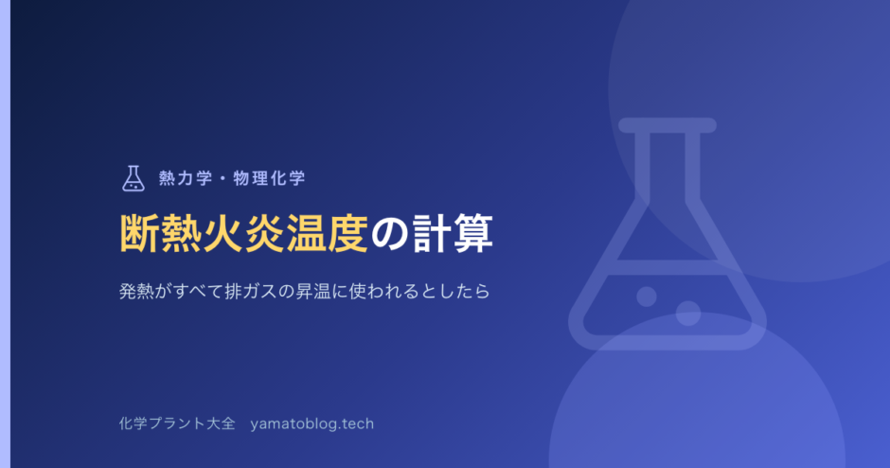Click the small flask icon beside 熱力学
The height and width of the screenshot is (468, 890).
click(x=133, y=178)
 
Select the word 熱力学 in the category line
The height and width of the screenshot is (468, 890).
click(x=186, y=178)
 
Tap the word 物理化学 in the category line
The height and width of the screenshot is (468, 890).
click(x=270, y=178)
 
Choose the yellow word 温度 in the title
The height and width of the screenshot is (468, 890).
click(x=328, y=233)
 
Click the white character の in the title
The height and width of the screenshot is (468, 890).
click(x=390, y=234)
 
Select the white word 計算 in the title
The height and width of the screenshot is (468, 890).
click(x=453, y=233)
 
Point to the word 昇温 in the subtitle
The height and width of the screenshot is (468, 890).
click(x=313, y=292)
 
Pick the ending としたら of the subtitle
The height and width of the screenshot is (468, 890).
click(x=454, y=292)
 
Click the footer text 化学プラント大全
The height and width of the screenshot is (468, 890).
click(x=177, y=423)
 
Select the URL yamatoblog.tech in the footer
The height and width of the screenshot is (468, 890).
click(x=312, y=424)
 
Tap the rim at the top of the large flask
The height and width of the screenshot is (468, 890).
click(x=667, y=125)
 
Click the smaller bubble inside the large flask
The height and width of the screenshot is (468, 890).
click(x=647, y=297)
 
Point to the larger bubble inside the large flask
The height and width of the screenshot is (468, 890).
click(x=688, y=314)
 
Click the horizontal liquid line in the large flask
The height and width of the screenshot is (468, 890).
click(x=667, y=267)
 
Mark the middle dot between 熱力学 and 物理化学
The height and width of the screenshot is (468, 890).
click(x=222, y=178)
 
